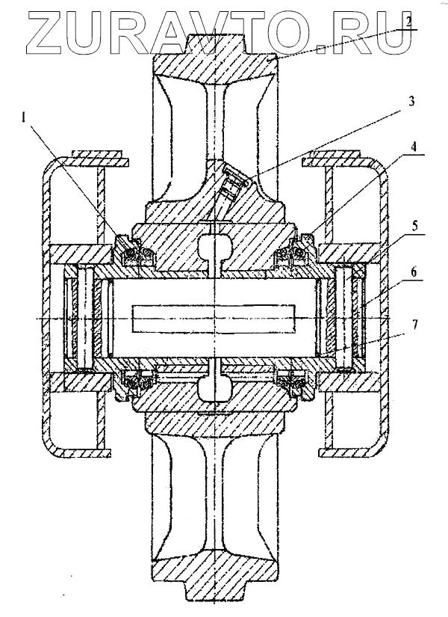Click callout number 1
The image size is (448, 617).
tap(23, 117)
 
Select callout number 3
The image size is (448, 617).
tap(411, 102)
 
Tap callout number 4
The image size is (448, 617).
tap(413, 147)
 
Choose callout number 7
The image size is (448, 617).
tap(414, 325)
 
